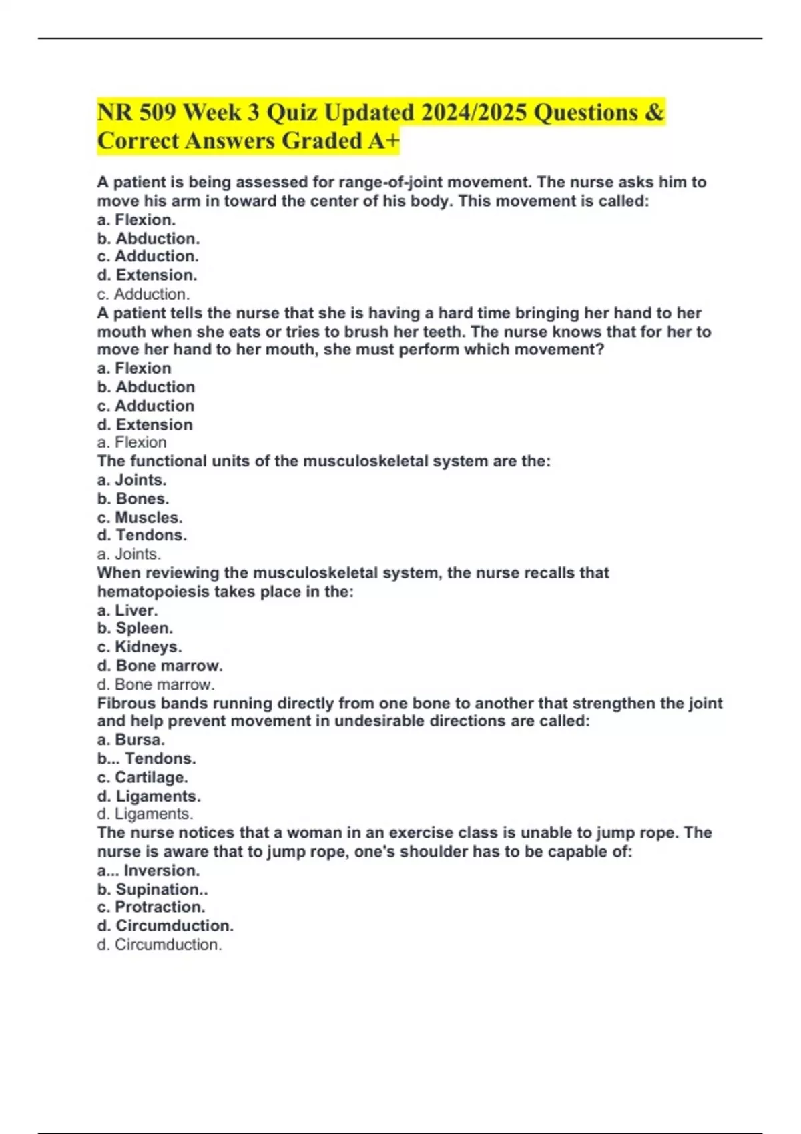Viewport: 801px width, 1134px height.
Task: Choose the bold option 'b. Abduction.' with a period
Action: coord(148,238)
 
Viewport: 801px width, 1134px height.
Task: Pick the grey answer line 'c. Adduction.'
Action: coord(144,294)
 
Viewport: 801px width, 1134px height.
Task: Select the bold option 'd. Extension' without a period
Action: coord(145,424)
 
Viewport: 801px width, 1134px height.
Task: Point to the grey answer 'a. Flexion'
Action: coord(132,442)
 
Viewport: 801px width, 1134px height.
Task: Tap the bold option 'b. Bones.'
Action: coord(133,498)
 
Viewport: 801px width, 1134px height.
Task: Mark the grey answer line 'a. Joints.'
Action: coord(129,554)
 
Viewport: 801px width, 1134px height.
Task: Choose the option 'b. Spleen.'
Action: coord(135,628)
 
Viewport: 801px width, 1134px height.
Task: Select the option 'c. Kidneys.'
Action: coord(140,646)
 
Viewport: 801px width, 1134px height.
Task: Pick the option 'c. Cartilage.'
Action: coord(142,777)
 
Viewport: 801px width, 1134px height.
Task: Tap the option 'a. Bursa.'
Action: coord(131,740)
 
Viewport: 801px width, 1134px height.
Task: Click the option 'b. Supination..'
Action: coord(152,889)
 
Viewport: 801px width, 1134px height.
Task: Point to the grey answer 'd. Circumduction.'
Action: coord(160,945)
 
